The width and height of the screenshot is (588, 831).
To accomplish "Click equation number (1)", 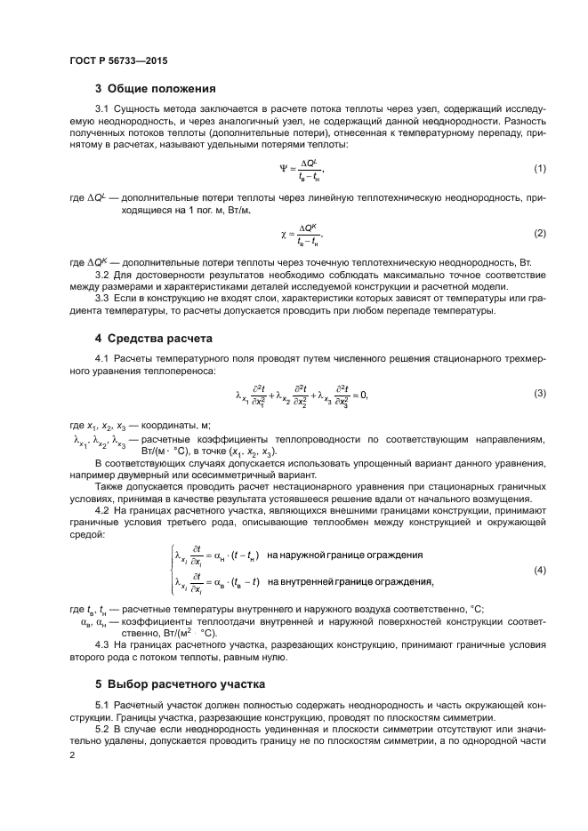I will click(x=539, y=168).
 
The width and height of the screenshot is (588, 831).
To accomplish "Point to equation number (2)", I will click(x=539, y=233).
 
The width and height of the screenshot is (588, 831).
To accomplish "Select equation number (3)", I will click(x=539, y=393).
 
